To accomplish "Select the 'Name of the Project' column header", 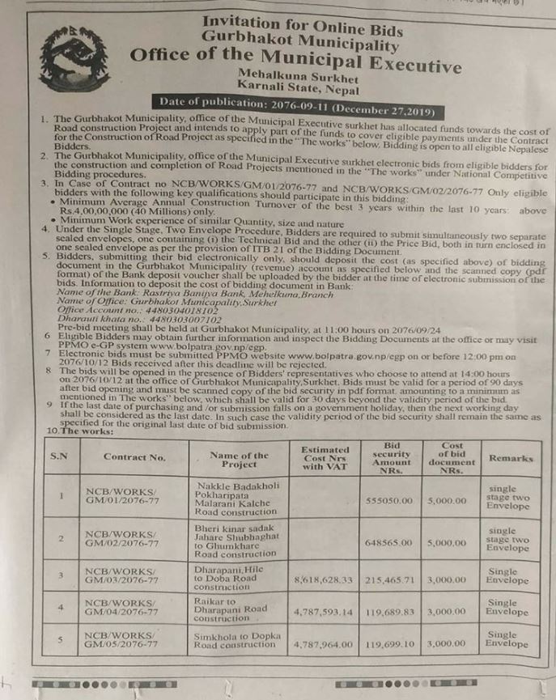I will [238, 459].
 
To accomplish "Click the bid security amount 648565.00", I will [392, 542].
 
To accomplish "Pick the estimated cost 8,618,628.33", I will [324, 580].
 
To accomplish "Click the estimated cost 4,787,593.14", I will [324, 612].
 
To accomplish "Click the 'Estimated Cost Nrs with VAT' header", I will [325, 457].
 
